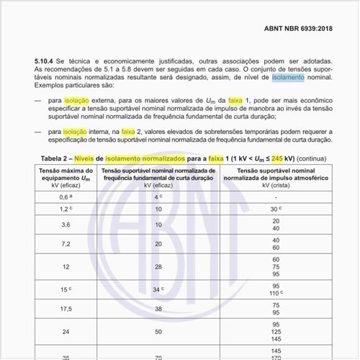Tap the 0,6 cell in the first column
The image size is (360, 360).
pos(65,197)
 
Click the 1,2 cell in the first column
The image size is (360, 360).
pos(65,209)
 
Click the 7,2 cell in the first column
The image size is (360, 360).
pos(65,244)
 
